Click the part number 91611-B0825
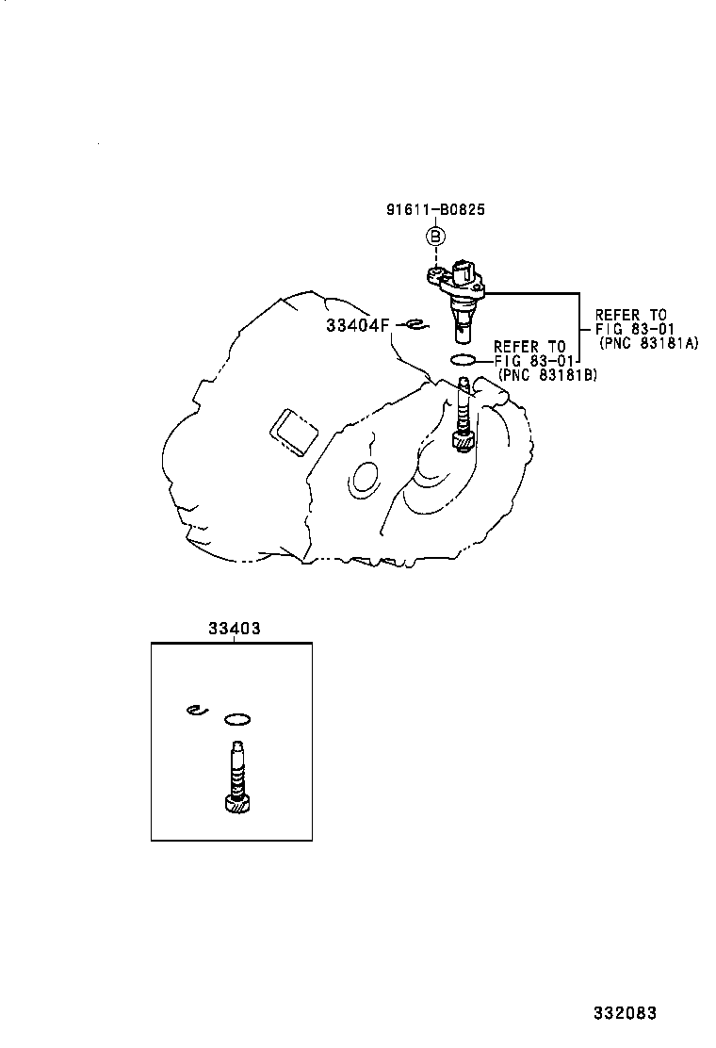coord(435,210)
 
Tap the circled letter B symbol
coord(436,237)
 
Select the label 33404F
coord(357,325)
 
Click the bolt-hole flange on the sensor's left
coord(434,275)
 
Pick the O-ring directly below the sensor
coord(464,359)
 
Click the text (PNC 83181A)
coord(647,343)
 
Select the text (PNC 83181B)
coord(546,375)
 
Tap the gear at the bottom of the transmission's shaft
coord(463,437)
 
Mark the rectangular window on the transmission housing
coord(294,431)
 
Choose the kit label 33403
coord(233,629)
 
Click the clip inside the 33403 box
coord(194,711)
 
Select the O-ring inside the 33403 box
coord(237,720)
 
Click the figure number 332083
coord(625,1013)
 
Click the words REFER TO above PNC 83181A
coord(631,315)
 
